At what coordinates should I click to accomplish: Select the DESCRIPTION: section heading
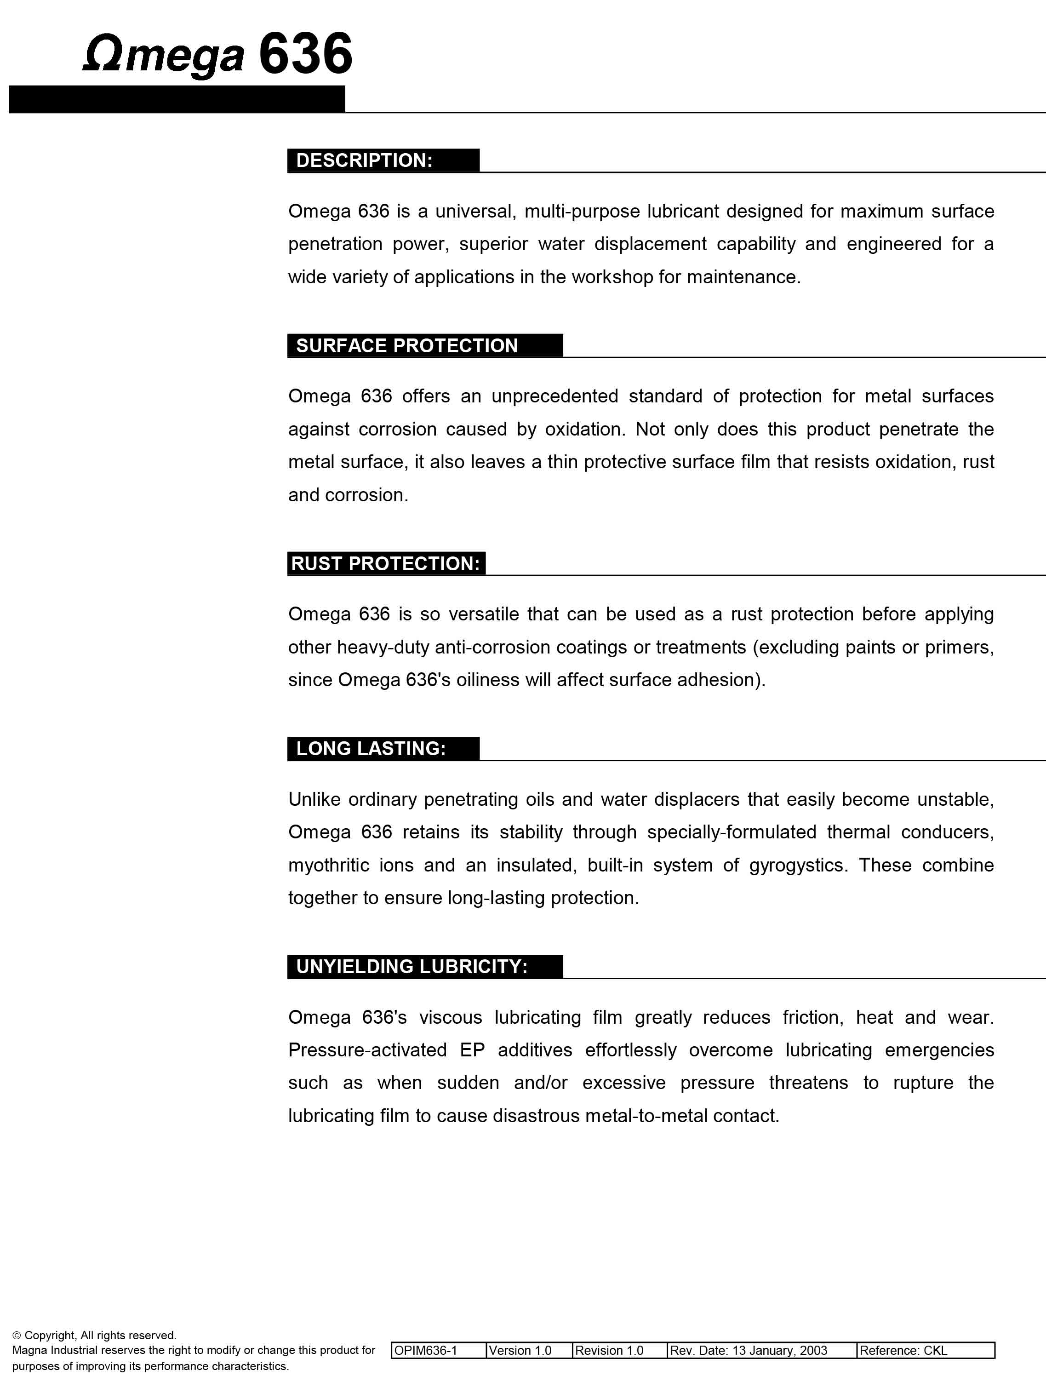click(364, 160)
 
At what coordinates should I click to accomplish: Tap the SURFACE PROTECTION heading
click(406, 345)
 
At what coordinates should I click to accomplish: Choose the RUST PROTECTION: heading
click(385, 563)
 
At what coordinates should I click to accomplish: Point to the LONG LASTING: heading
click(371, 748)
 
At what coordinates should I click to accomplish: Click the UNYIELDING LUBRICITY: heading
click(412, 966)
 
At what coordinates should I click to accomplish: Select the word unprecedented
click(555, 396)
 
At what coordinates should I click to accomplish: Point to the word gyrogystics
click(798, 866)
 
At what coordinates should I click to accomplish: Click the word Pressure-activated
click(367, 1050)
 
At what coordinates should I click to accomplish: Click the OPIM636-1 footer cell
click(426, 1350)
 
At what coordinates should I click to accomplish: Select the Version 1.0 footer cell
click(520, 1350)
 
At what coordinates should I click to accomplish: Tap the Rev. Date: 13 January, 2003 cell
click(749, 1350)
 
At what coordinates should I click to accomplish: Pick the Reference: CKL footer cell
click(903, 1350)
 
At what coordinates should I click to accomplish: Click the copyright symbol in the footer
click(17, 1336)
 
